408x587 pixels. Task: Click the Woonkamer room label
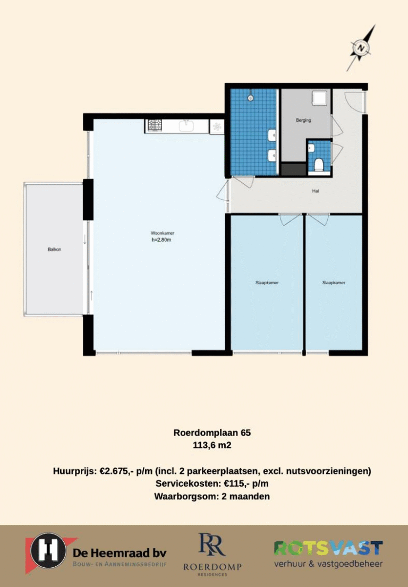click(x=163, y=233)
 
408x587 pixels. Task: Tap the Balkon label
click(x=54, y=249)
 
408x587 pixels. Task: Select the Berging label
click(x=303, y=120)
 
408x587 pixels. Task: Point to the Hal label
click(x=316, y=191)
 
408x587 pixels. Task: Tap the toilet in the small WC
click(x=319, y=164)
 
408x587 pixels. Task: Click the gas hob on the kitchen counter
click(x=154, y=125)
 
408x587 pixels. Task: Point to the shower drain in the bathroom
click(x=250, y=98)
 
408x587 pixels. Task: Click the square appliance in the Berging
click(x=320, y=98)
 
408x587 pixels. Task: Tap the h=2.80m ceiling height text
click(x=161, y=240)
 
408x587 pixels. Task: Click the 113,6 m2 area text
click(x=212, y=446)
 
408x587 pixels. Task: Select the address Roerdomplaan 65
click(x=212, y=433)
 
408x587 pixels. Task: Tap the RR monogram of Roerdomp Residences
click(x=212, y=545)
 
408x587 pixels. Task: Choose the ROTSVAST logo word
click(x=329, y=548)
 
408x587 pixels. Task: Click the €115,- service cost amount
click(x=237, y=483)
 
